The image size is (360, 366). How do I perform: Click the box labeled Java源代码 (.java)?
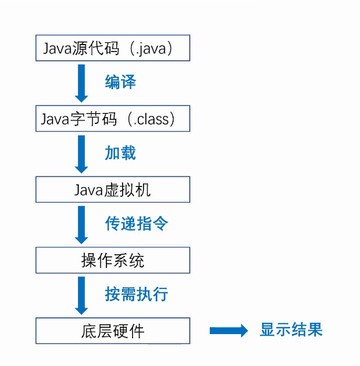click(113, 49)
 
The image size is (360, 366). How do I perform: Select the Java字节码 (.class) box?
click(113, 119)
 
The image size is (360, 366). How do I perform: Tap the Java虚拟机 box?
click(113, 190)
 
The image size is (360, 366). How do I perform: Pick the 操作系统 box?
click(113, 261)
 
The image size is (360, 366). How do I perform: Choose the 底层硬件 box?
click(113, 331)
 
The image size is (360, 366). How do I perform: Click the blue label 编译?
click(120, 82)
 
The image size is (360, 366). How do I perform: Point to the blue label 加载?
click(120, 153)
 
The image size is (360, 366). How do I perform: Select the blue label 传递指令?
click(137, 224)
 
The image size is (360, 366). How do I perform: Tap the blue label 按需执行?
click(137, 294)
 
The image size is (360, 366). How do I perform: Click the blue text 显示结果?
click(291, 330)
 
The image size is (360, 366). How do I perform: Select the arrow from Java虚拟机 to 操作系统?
click(82, 225)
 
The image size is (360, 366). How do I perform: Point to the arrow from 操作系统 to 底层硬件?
click(82, 295)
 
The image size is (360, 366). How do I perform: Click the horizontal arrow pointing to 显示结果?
click(228, 331)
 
